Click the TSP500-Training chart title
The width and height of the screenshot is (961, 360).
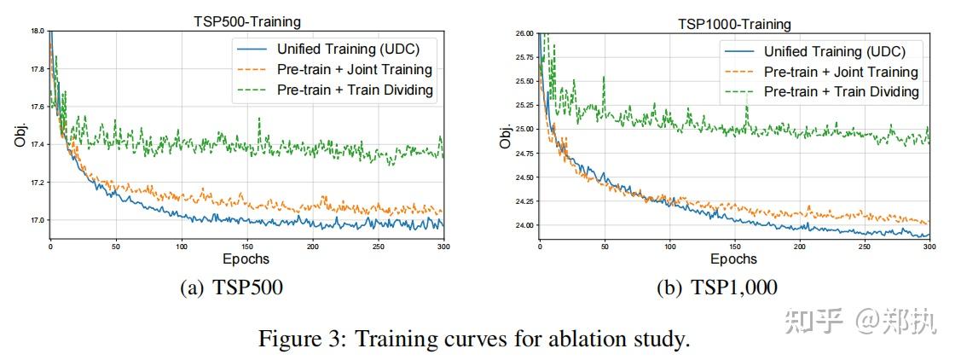(246, 22)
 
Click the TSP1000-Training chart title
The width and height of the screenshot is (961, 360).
(734, 25)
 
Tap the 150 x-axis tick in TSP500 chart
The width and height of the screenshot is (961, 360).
(247, 247)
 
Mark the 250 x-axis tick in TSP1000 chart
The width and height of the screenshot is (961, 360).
(865, 247)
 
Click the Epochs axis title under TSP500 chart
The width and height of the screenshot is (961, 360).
(246, 258)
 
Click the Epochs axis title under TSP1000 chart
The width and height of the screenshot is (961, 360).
(734, 258)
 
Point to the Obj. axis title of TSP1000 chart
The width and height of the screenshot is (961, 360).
(506, 137)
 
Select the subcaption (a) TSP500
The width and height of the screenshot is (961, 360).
(231, 288)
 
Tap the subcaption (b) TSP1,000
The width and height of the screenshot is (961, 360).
(716, 288)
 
